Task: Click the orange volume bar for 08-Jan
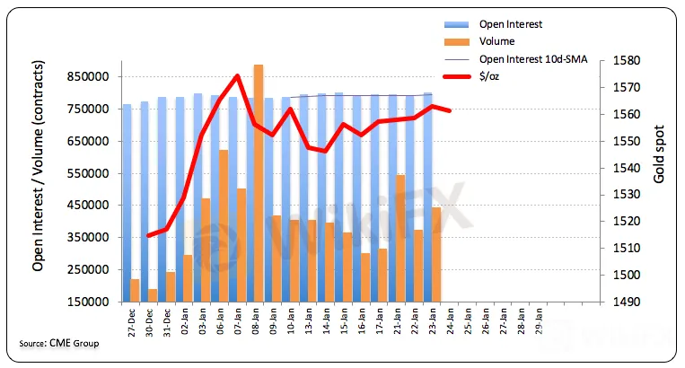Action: coord(259,183)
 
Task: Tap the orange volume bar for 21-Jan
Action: coord(400,238)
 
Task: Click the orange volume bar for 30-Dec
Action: coord(154,295)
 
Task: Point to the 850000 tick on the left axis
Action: coord(92,77)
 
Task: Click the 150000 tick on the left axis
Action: coord(92,302)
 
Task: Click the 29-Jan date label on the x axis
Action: coord(539,320)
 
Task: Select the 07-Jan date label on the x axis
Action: coord(241,320)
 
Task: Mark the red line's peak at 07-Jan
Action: coord(237,75)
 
